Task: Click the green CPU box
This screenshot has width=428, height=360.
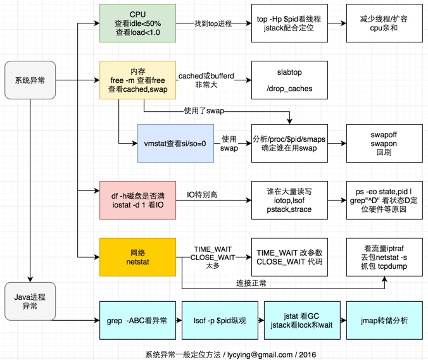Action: point(137,23)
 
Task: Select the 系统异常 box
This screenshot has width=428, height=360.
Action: point(30,80)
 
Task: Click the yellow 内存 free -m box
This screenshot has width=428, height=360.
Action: point(137,80)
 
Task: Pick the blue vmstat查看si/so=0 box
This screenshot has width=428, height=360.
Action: point(175,143)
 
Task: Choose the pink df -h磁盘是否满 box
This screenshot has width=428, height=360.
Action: point(137,199)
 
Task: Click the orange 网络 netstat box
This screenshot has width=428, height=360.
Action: point(137,256)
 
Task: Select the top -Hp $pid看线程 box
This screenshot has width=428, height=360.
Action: point(289,23)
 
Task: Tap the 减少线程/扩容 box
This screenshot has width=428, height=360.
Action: point(383,23)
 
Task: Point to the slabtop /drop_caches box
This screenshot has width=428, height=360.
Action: point(289,80)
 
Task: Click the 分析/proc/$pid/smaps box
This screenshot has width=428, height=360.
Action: point(289,143)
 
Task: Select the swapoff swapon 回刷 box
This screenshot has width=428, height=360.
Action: point(383,143)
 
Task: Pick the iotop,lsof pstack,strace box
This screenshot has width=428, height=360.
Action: point(289,199)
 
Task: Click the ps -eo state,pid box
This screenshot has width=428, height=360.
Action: point(383,199)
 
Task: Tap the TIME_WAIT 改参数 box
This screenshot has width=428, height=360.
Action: point(289,256)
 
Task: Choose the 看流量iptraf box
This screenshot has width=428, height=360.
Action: point(383,256)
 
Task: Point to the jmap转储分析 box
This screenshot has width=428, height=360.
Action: point(383,321)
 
